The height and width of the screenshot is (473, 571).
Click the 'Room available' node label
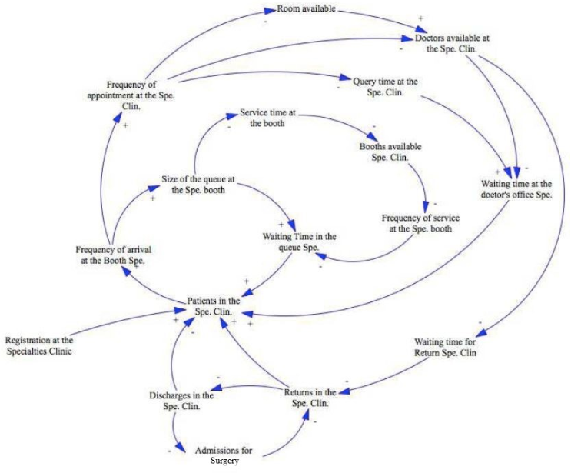point(306,11)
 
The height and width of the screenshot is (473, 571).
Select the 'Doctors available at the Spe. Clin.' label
point(452,43)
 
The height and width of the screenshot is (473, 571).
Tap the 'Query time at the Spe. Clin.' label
point(384,86)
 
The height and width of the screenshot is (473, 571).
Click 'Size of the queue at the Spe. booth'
point(198,185)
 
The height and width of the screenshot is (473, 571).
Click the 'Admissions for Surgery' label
point(224,455)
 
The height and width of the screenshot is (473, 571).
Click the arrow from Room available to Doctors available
point(377,22)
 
